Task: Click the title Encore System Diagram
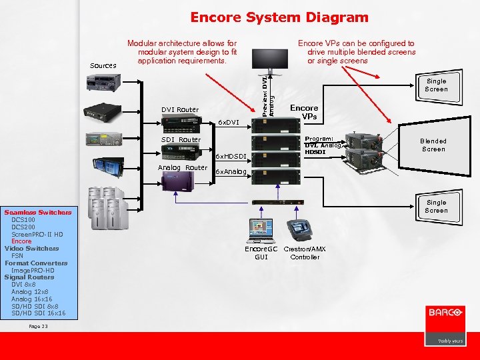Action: (279, 18)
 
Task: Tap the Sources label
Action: (103, 65)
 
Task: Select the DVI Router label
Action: (180, 109)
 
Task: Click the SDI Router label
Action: (181, 140)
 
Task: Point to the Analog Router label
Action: (182, 167)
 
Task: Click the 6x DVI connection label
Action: (230, 123)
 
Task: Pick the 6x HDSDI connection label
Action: (231, 156)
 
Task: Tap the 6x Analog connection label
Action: (231, 172)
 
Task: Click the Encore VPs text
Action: (304, 112)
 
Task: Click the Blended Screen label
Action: (433, 145)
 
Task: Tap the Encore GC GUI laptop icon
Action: (260, 231)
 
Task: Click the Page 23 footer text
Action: (39, 326)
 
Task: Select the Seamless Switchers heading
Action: (37, 213)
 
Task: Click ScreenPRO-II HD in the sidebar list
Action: (37, 235)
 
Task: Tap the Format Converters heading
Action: (36, 263)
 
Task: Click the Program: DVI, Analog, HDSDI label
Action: (323, 145)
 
